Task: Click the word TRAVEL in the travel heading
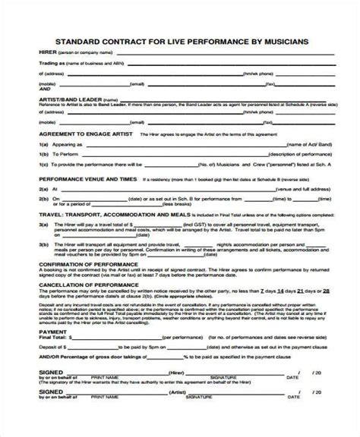point(29,215)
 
